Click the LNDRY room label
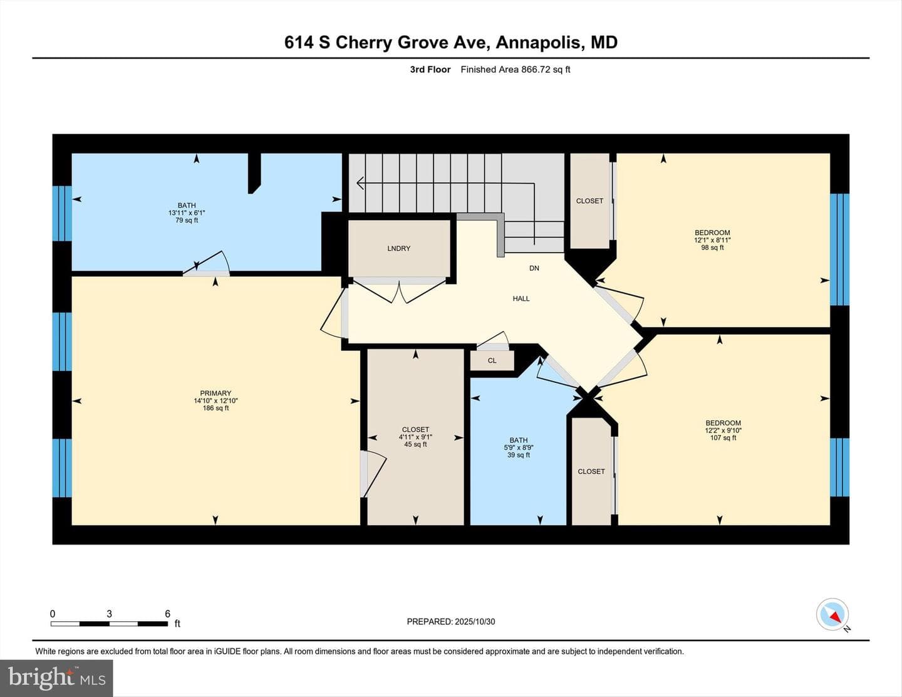[x=398, y=248]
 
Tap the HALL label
[x=521, y=298]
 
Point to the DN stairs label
[x=534, y=268]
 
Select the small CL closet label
[x=492, y=360]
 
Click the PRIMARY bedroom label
[x=215, y=393]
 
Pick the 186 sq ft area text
[x=215, y=408]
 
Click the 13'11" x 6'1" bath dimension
[x=187, y=212]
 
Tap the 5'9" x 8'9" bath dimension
[x=519, y=448]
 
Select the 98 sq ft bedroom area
[x=712, y=248]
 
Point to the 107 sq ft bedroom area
[x=723, y=438]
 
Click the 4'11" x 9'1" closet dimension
[x=415, y=437]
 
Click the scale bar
[x=109, y=624]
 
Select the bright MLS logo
[x=56, y=678]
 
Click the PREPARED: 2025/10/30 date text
[x=451, y=622]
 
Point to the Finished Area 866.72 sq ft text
[x=515, y=70]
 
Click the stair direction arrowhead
[x=360, y=183]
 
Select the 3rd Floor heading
[x=430, y=70]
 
